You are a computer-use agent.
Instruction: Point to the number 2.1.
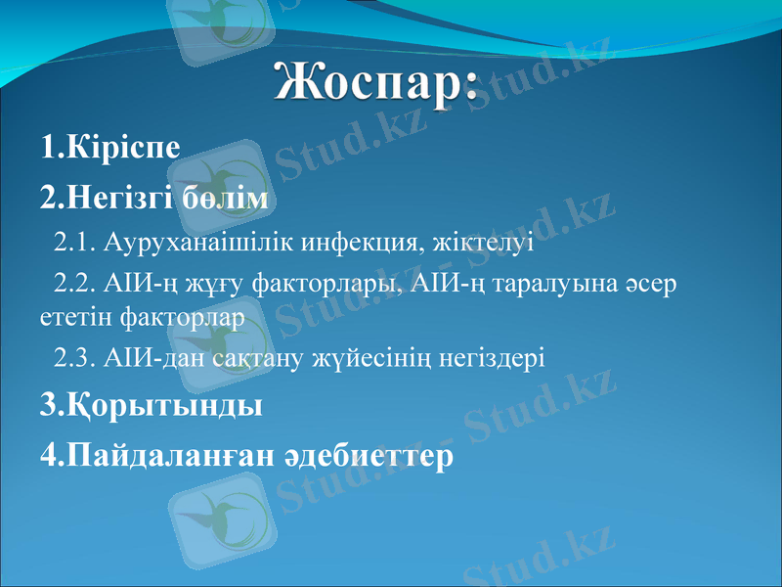(x=75, y=241)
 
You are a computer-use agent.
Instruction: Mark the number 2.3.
(x=75, y=357)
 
